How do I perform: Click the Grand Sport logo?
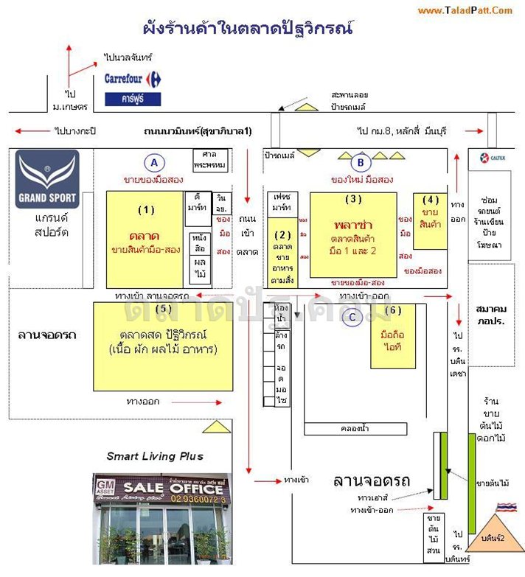(47, 179)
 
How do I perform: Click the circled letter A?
(153, 163)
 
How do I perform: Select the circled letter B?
(361, 163)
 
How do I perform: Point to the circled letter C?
(353, 317)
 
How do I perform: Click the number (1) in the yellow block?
(146, 209)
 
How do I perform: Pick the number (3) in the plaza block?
(353, 199)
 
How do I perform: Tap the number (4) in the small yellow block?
(431, 199)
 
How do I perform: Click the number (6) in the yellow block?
(394, 311)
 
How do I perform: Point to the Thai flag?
(505, 508)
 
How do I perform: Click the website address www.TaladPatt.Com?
(465, 10)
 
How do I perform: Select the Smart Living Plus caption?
(155, 456)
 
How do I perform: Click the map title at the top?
(248, 29)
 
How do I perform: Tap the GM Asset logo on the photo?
(105, 488)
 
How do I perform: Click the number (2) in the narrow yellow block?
(283, 234)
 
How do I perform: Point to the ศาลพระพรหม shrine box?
(209, 160)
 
